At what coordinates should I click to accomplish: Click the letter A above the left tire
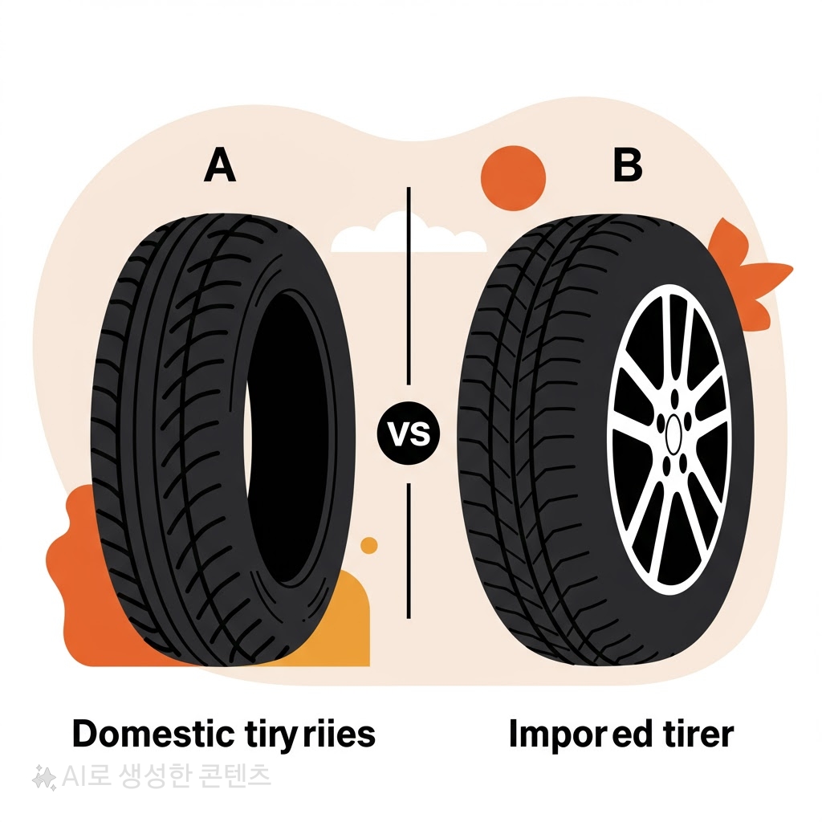pyautogui.click(x=219, y=165)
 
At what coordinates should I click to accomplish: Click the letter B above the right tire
pyautogui.click(x=627, y=165)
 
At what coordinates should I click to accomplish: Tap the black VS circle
pyautogui.click(x=409, y=435)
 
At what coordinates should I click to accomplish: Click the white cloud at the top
pyautogui.click(x=408, y=234)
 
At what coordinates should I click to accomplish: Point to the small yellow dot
pyautogui.click(x=369, y=546)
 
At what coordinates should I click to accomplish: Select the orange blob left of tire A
pyautogui.click(x=68, y=578)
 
